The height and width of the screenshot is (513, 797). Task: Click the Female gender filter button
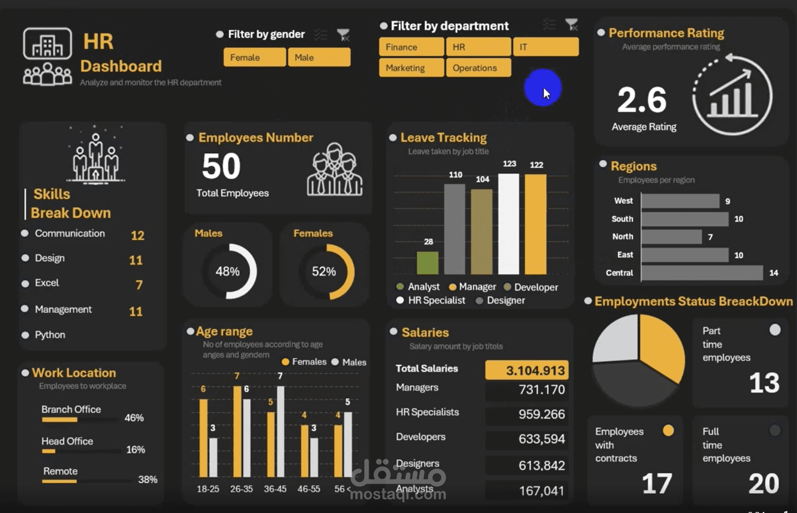coord(255,57)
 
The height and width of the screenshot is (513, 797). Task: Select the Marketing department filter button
coord(411,68)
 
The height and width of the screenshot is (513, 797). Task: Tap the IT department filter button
coord(546,47)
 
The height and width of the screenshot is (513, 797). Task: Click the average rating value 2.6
coord(641,100)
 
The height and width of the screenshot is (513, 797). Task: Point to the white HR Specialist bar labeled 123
coord(508,224)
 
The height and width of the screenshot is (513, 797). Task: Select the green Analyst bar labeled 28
coord(428,263)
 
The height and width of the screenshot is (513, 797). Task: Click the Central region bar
coord(702,273)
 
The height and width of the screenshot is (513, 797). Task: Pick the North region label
coord(623,237)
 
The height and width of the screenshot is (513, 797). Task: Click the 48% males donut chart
coord(228,271)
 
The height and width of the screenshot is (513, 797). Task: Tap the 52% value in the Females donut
coord(324,271)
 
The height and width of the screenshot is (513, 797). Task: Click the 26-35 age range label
coord(241,489)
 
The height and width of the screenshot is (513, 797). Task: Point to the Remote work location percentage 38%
coord(148,479)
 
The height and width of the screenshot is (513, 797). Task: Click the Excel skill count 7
coord(139,284)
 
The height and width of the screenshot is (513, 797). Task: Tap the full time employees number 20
coord(763,483)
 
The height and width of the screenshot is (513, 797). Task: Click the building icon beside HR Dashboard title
coord(47,44)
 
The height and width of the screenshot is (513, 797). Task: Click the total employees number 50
coord(221,166)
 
